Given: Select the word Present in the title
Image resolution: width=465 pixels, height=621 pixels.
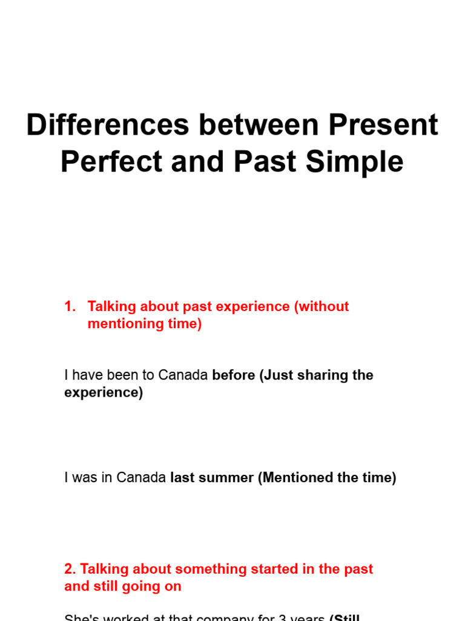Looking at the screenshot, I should (383, 125).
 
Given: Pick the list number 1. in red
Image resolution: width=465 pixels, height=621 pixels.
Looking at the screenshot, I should (70, 307).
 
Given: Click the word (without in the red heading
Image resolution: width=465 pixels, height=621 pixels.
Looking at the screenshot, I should (322, 307).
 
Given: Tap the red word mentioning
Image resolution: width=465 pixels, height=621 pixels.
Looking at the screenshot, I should (124, 324).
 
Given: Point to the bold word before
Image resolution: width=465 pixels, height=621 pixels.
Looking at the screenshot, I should (233, 375).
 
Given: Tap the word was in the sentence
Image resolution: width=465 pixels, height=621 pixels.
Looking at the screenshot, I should (84, 478).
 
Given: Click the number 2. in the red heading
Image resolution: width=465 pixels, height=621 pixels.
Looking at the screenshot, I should (70, 569).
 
